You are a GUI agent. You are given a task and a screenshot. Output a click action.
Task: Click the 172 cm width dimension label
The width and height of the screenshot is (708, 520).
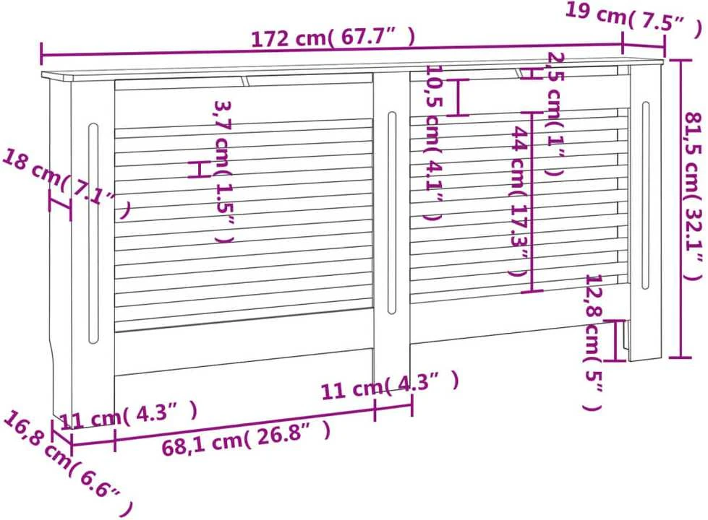coord(333,38)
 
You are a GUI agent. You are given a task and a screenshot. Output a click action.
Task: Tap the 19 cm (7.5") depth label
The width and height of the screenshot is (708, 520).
coord(634,18)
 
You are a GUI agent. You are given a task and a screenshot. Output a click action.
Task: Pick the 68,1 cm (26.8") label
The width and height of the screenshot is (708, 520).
coord(246,436)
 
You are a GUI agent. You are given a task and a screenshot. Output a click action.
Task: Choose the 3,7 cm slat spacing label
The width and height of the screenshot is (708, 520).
coord(223,171)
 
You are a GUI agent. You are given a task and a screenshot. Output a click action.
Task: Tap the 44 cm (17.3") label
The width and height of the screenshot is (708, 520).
coord(519,201)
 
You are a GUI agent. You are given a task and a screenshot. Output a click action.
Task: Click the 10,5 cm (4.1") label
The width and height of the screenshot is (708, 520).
coord(433,143)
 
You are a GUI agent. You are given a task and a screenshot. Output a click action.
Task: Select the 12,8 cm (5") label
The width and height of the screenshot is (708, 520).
coord(593,342)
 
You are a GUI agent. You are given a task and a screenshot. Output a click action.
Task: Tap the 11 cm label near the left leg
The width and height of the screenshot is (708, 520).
coord(129,415)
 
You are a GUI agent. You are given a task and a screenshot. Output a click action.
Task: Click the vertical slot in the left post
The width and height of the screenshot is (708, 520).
coord(93,233)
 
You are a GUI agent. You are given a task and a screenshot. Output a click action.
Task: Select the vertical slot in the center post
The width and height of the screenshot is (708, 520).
coord(391,212)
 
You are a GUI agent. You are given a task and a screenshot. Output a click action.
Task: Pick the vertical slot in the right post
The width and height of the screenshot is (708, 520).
coord(645,195)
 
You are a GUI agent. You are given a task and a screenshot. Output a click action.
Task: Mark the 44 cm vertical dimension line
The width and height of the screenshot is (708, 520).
coord(532,201)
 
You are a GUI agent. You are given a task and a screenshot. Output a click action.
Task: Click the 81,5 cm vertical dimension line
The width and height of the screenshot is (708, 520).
coord(681,208)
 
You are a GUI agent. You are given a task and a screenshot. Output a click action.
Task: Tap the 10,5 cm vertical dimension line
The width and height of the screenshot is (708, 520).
coord(458,97)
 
